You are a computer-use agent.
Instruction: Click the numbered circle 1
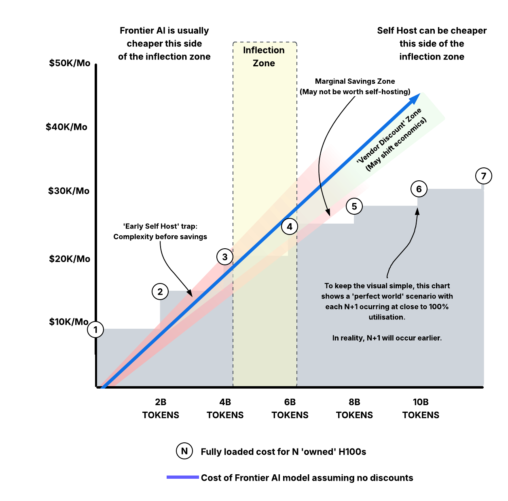(x=95, y=330)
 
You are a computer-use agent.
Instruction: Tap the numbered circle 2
(x=160, y=292)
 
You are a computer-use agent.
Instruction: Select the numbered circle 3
(x=225, y=257)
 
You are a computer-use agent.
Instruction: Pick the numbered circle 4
(x=290, y=226)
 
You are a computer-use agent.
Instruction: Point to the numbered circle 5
(x=354, y=207)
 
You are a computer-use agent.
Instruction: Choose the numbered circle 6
(x=419, y=189)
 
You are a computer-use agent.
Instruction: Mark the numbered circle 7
(x=484, y=176)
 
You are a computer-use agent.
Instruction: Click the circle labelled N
(x=184, y=451)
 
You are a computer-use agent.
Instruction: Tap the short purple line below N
(x=183, y=477)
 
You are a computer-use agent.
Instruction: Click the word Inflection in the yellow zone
(x=264, y=50)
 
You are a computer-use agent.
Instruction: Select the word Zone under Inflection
(x=264, y=63)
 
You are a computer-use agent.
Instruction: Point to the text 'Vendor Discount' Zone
(x=389, y=136)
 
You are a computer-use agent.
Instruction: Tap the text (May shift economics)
(x=396, y=144)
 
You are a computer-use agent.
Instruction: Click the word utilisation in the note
(x=387, y=317)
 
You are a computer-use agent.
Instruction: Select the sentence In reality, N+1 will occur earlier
(x=387, y=338)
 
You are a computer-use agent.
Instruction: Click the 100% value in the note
(x=439, y=307)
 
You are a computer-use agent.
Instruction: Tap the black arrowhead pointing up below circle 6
(x=417, y=211)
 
